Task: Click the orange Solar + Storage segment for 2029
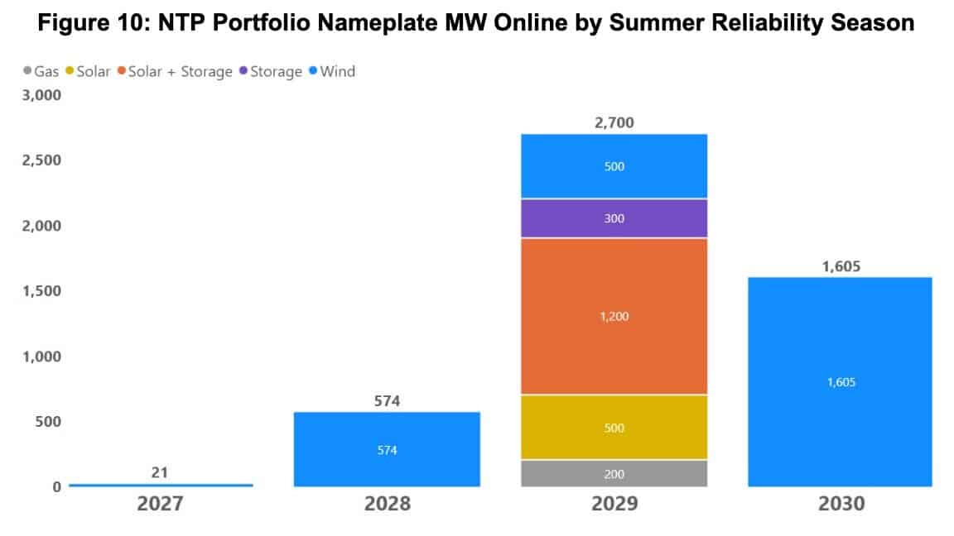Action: tap(614, 317)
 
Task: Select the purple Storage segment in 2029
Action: tap(614, 218)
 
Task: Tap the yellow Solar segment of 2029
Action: tap(614, 428)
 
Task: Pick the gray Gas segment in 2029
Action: tap(614, 473)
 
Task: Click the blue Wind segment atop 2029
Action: tap(614, 166)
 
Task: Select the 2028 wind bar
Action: tap(387, 449)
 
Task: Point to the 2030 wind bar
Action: tap(840, 381)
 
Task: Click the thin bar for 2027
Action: tap(161, 485)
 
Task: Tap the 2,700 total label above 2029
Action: tap(614, 123)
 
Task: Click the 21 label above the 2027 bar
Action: tap(161, 472)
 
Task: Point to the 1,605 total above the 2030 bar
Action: tap(840, 266)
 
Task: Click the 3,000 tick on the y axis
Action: tap(40, 95)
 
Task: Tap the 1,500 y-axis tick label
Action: tap(40, 291)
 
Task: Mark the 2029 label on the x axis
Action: tap(614, 503)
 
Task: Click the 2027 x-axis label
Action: tap(161, 503)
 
